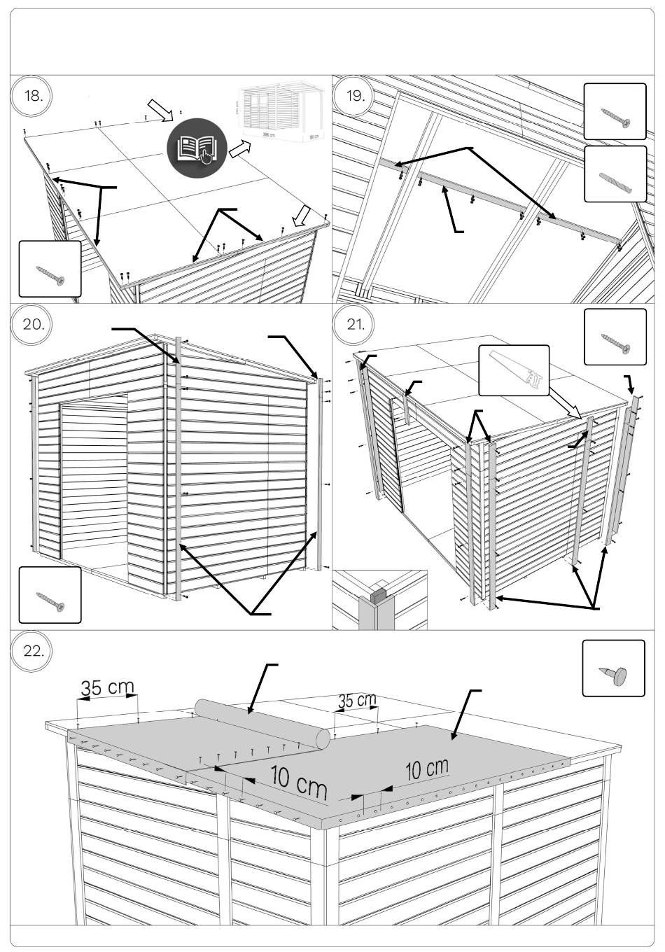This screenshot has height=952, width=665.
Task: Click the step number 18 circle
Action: [x=33, y=95]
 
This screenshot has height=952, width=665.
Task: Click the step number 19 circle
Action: [x=356, y=95]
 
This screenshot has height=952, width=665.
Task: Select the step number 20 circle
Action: [x=33, y=324]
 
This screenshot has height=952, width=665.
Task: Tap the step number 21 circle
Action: [x=356, y=324]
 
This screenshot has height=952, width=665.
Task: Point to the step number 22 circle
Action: [x=33, y=650]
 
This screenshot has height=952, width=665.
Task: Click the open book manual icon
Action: [x=197, y=148]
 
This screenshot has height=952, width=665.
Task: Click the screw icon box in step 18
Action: [x=49, y=269]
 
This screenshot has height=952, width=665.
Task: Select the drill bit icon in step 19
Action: [x=615, y=174]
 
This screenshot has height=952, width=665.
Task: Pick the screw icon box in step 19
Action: [x=615, y=112]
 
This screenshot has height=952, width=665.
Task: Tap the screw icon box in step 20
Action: [x=49, y=595]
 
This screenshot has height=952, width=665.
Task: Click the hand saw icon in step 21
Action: [x=514, y=370]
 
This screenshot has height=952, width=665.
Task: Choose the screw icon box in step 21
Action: [x=615, y=337]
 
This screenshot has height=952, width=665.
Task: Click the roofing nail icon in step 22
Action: [x=613, y=668]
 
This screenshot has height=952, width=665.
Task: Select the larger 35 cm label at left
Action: [x=107, y=687]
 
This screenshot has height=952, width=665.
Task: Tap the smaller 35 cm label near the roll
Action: [x=357, y=700]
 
